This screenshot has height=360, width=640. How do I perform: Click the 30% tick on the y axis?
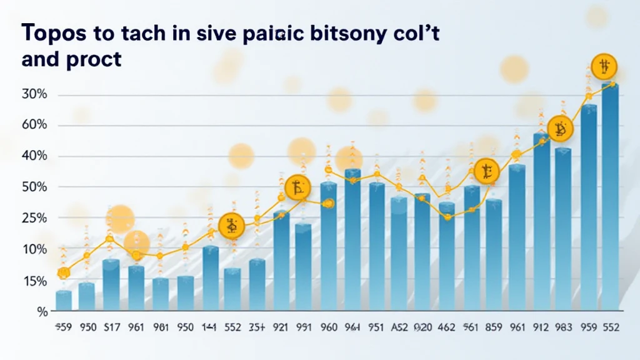click(34, 95)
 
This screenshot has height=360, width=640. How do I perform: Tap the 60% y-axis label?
click(34, 126)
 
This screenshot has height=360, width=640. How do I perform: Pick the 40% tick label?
click(34, 156)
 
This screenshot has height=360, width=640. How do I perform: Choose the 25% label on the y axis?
click(34, 218)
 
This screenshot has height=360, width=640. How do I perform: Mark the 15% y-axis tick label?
click(34, 282)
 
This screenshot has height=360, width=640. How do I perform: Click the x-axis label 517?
click(111, 327)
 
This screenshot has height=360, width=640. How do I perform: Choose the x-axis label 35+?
click(256, 327)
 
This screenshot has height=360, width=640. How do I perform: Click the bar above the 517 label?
click(111, 284)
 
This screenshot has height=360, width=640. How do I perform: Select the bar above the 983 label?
click(563, 228)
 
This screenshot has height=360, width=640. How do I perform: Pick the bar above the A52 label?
click(399, 253)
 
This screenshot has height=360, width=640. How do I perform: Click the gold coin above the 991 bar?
click(297, 187)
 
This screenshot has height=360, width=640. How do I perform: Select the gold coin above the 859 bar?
click(487, 171)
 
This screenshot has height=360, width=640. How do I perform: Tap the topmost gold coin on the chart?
click(604, 65)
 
